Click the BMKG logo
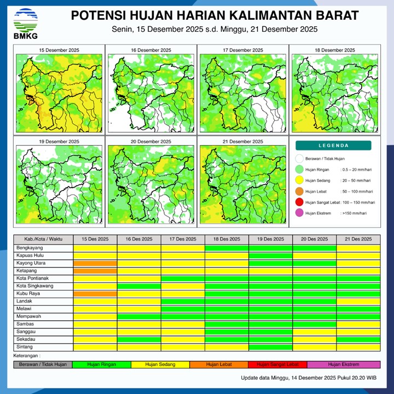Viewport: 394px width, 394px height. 25,24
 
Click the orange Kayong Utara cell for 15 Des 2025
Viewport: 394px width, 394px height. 95,263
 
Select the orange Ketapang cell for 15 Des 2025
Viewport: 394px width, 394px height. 95,271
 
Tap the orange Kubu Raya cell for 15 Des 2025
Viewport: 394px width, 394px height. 95,294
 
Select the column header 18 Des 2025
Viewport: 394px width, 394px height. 227,239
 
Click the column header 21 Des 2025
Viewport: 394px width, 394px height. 358,239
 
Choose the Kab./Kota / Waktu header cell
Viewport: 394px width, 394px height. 43,239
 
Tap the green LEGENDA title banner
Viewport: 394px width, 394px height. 333,146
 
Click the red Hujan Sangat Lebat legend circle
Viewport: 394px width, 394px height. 299,202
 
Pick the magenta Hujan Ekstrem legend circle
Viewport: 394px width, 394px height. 299,213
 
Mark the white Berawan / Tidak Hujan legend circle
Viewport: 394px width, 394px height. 299,159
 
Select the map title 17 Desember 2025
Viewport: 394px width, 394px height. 241,50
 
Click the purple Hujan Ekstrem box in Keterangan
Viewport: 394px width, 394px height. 343,364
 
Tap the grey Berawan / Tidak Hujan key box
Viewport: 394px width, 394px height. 43,364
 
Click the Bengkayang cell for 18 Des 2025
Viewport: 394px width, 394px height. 227,248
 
